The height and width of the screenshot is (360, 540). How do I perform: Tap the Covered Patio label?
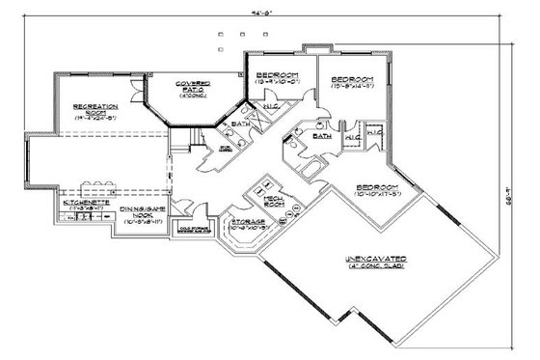[193, 87]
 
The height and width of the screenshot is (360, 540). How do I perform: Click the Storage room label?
[249, 222]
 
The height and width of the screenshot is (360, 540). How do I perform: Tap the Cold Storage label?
[197, 230]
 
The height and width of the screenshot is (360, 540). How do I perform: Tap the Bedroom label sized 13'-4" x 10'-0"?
[276, 75]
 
